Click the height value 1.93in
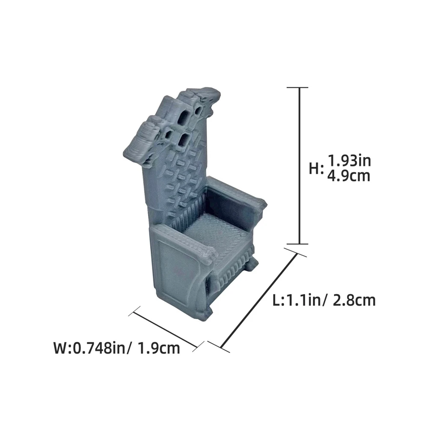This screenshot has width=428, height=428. point(349,160)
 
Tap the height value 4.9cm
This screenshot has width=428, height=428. point(348,176)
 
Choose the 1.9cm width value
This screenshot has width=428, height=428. point(159,348)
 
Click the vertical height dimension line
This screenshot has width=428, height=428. point(300,166)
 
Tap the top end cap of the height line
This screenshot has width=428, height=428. point(297,88)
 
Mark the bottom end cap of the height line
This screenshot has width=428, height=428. point(297,244)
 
